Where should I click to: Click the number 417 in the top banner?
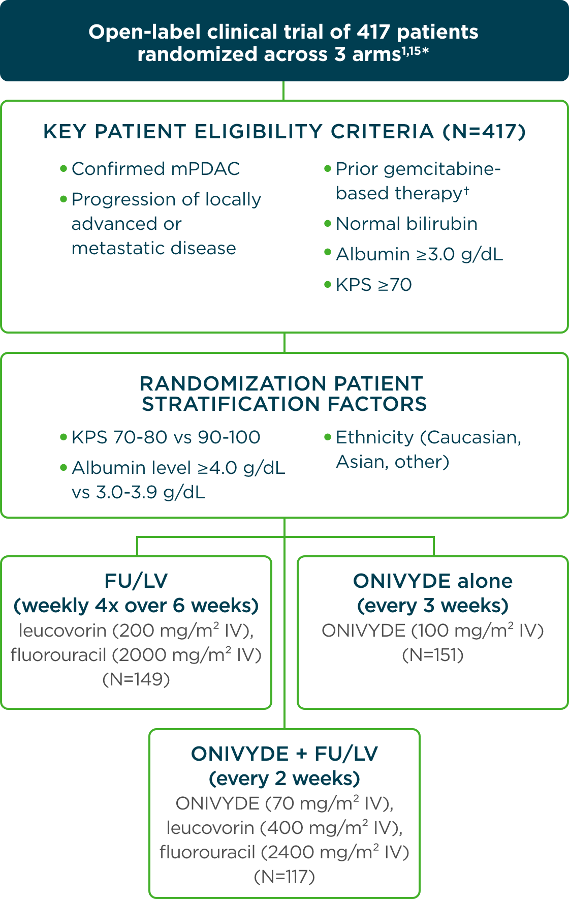click(x=373, y=32)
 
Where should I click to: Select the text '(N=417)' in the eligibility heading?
click(x=484, y=132)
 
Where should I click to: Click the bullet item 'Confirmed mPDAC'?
click(x=155, y=169)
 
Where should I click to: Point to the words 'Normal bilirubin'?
click(x=406, y=224)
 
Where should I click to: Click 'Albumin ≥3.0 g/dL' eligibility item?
click(x=419, y=254)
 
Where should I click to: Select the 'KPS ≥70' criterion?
click(x=373, y=285)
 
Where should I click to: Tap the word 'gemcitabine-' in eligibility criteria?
click(x=442, y=169)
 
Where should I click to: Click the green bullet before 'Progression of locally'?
click(x=64, y=199)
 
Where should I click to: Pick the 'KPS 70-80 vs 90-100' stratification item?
click(x=166, y=437)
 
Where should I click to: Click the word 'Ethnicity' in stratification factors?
click(x=374, y=437)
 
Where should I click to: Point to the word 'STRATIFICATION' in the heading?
click(x=232, y=404)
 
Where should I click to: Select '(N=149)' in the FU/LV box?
click(x=136, y=679)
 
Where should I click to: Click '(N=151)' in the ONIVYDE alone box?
click(x=433, y=655)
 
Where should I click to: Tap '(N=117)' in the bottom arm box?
click(x=284, y=877)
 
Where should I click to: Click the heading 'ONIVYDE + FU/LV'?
click(x=284, y=754)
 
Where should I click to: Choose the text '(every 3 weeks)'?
click(x=433, y=606)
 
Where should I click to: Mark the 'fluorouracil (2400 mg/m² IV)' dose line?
click(x=284, y=852)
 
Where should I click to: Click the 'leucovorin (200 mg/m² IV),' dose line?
click(x=136, y=631)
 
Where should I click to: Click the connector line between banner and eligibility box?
click(x=283, y=91)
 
